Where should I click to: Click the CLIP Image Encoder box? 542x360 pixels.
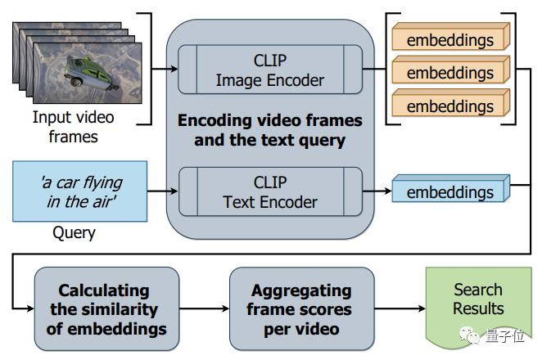point(270,70)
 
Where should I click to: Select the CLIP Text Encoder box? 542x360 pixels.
point(270,191)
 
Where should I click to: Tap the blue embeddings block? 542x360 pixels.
point(451,189)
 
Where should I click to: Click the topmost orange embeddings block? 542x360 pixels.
point(451,36)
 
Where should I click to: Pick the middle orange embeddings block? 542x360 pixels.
point(451,70)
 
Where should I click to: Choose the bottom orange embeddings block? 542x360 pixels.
point(451,102)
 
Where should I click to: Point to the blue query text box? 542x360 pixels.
point(80,191)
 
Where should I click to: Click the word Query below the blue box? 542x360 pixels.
point(74,233)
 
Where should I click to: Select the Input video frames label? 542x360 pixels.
point(74,127)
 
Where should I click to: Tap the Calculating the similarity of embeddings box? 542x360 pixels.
point(106,308)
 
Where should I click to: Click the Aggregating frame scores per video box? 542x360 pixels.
point(302,308)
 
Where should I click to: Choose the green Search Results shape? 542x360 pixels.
point(478,308)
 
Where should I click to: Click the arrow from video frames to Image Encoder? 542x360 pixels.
point(165,69)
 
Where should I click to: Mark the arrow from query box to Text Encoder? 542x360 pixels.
point(163,191)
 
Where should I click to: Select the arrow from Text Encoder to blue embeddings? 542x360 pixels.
point(377,191)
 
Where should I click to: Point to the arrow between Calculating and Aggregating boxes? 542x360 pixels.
point(205,308)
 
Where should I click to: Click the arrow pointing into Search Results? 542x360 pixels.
point(400,308)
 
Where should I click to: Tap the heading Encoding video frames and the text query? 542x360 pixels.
point(270,131)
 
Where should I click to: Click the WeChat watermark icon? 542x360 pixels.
point(469,335)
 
